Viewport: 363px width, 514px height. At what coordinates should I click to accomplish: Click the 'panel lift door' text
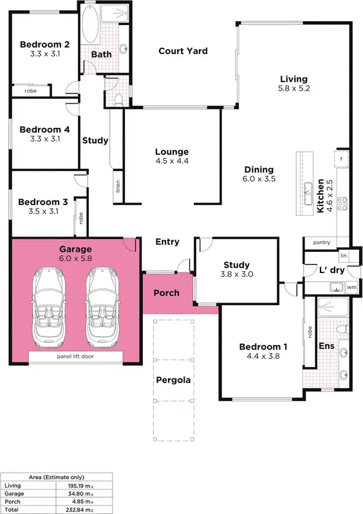[x=76, y=355]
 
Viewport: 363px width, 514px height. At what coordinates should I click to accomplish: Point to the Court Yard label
[x=183, y=51]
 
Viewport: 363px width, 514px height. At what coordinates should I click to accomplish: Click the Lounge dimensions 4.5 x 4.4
[x=172, y=162]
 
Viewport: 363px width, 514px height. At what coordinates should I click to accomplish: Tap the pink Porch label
[x=167, y=293]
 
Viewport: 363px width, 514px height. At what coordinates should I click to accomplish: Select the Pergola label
[x=172, y=379]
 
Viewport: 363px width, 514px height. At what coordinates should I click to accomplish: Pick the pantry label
[x=322, y=243]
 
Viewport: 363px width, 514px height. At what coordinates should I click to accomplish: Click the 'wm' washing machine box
[x=351, y=287]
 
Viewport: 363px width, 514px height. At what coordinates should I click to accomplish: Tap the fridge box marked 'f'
[x=341, y=157]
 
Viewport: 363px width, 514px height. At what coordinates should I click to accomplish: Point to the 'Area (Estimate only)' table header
[x=57, y=477]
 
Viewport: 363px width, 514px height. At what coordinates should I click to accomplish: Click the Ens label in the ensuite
[x=326, y=346]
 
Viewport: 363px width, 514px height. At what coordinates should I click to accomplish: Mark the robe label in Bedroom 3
[x=81, y=217]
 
